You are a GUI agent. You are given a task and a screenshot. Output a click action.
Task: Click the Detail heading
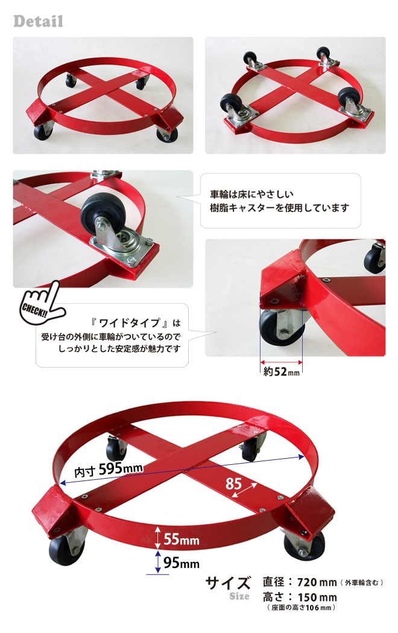tap(39, 21)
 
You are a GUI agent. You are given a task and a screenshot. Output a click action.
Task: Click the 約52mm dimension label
tap(282, 371)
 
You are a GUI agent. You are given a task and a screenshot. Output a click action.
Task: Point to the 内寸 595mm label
tap(109, 470)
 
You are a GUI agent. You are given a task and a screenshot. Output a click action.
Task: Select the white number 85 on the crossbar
tap(234, 483)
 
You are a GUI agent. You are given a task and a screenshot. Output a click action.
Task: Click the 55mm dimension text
tap(182, 539)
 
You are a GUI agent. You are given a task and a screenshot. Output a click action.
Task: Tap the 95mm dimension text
tap(182, 562)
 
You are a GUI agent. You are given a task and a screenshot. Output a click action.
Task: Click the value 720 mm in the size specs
tap(317, 582)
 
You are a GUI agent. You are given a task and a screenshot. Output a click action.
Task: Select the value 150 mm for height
tap(317, 597)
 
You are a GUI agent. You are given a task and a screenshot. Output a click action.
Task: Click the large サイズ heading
tap(228, 582)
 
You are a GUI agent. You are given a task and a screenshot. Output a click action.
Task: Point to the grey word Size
tap(239, 596)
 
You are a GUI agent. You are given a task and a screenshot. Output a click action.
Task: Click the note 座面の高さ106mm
tap(301, 608)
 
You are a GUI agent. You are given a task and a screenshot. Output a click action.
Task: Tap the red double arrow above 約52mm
tap(282, 362)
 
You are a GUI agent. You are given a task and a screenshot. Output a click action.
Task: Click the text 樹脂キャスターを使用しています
tap(279, 208)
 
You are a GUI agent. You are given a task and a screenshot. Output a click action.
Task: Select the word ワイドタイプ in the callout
tap(130, 323)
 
